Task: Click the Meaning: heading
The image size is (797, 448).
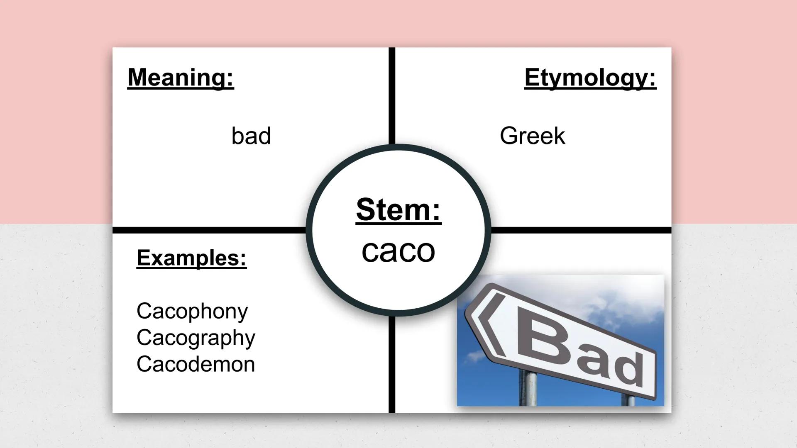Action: coord(181,78)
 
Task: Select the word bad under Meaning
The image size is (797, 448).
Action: coord(251,136)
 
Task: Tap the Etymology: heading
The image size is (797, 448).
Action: coord(590,78)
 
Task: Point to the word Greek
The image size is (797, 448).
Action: coord(532,136)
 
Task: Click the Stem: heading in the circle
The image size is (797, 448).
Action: coord(398,210)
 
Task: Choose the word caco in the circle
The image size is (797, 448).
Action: coord(398,251)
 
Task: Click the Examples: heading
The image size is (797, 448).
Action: coord(191,258)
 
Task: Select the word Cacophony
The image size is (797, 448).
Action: coord(192,311)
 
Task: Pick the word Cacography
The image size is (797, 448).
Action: coord(196,338)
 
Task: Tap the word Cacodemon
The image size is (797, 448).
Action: coord(196,364)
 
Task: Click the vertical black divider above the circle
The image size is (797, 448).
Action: coord(392,95)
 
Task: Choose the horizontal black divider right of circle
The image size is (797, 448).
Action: coord(581,230)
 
